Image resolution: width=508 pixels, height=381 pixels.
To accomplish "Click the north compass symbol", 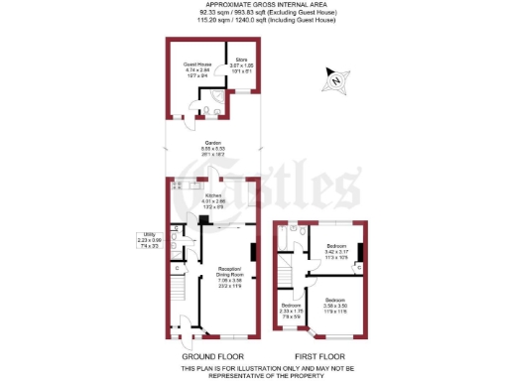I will [337, 78].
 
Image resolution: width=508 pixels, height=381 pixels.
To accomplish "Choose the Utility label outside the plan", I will [149, 240].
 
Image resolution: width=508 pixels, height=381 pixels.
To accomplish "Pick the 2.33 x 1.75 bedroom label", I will [291, 309].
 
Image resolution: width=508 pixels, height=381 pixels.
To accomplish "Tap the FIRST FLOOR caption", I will [319, 354].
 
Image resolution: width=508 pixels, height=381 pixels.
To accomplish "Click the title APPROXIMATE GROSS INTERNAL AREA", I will [253, 6].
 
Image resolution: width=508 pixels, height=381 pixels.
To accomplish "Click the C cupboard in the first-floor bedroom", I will [359, 266].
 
